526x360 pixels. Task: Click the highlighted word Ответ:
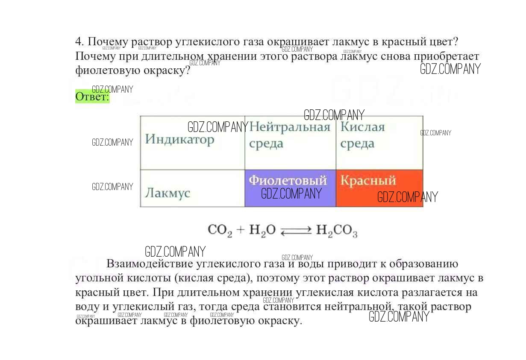92,97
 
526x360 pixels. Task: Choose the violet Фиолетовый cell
290,188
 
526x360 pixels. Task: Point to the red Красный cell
379,188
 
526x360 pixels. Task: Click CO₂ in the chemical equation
220,230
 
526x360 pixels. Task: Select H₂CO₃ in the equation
336,231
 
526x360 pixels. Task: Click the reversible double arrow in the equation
296,231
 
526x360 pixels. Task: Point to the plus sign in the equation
241,230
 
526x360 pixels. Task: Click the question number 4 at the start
78,42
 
